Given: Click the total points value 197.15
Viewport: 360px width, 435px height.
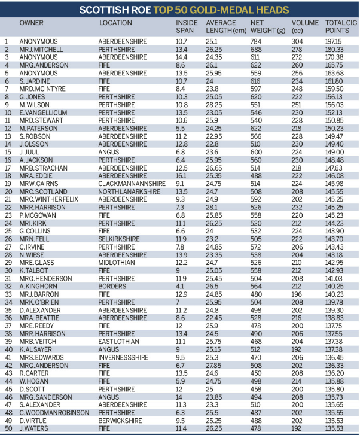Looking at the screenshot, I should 335,41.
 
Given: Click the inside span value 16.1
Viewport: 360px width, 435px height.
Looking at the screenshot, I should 182,175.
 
